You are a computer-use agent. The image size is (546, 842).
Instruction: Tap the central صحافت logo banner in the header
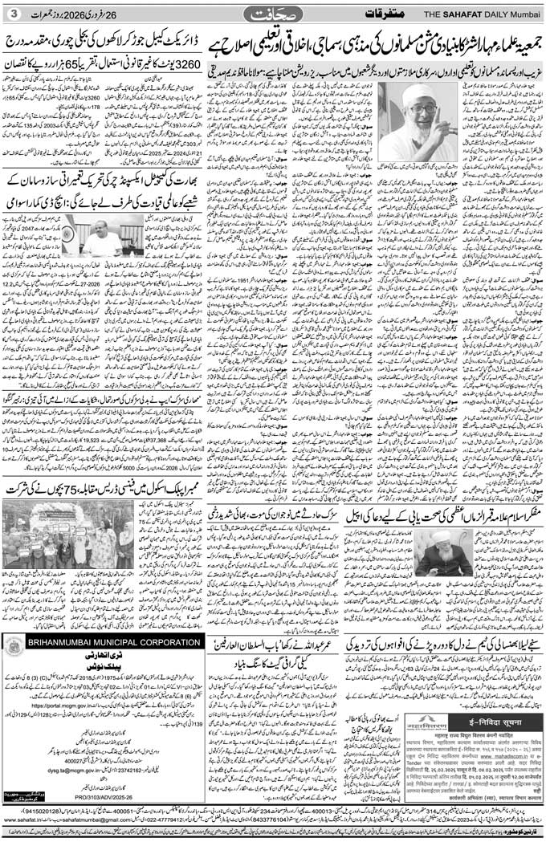272,14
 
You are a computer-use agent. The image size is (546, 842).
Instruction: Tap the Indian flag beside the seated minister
71,233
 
